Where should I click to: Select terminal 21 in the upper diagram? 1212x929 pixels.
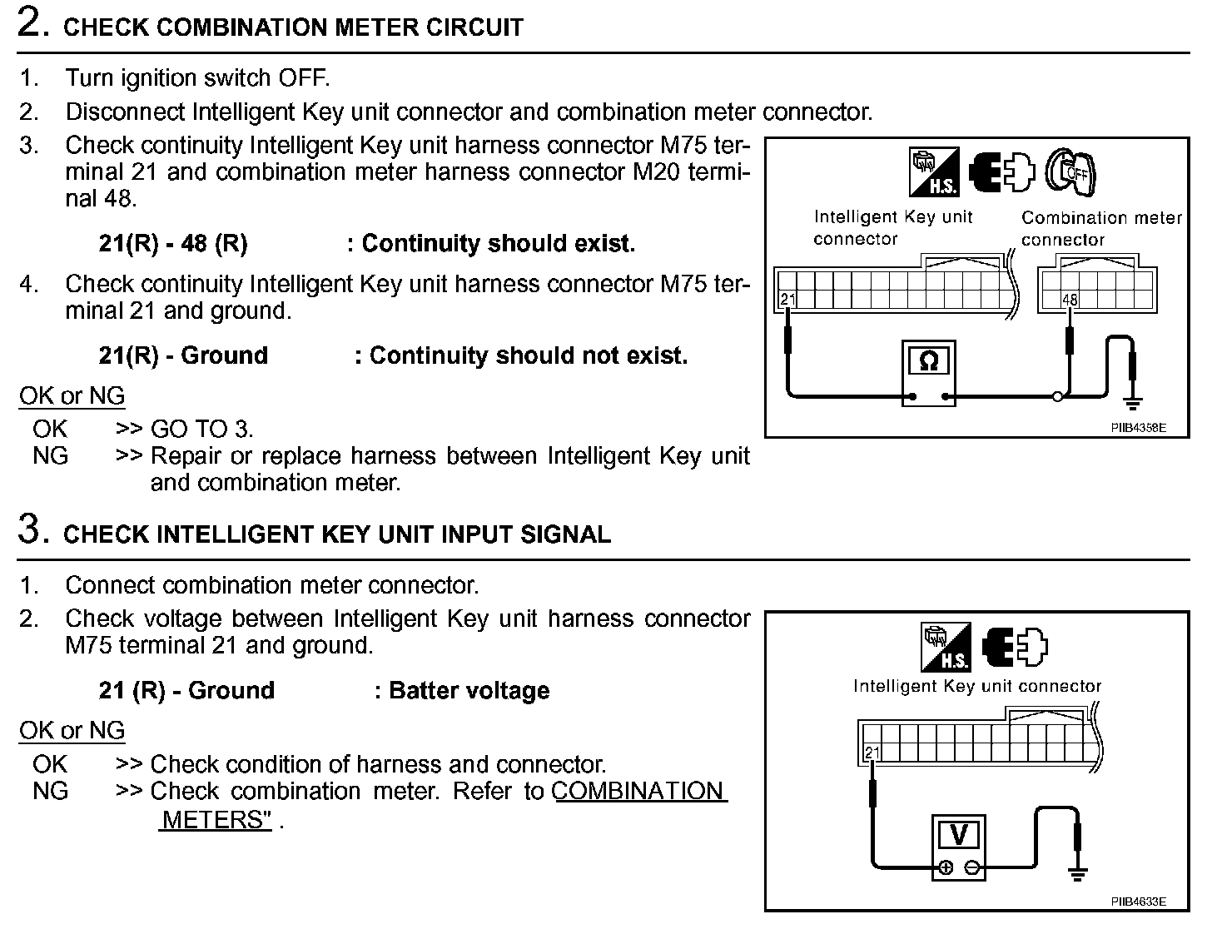[787, 299]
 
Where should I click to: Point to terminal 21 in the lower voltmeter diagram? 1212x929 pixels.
[872, 754]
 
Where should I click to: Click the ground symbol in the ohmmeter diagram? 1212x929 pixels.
[1132, 403]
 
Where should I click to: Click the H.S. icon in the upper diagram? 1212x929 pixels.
[933, 172]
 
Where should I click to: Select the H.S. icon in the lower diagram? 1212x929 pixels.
[946, 648]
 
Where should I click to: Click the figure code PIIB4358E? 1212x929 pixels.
[1137, 428]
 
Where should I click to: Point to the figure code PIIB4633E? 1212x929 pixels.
[1137, 902]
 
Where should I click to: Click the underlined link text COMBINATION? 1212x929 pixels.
[638, 791]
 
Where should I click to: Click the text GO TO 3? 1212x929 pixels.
[201, 430]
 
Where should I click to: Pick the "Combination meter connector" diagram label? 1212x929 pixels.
[1100, 228]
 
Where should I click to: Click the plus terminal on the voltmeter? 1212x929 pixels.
[946, 868]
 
